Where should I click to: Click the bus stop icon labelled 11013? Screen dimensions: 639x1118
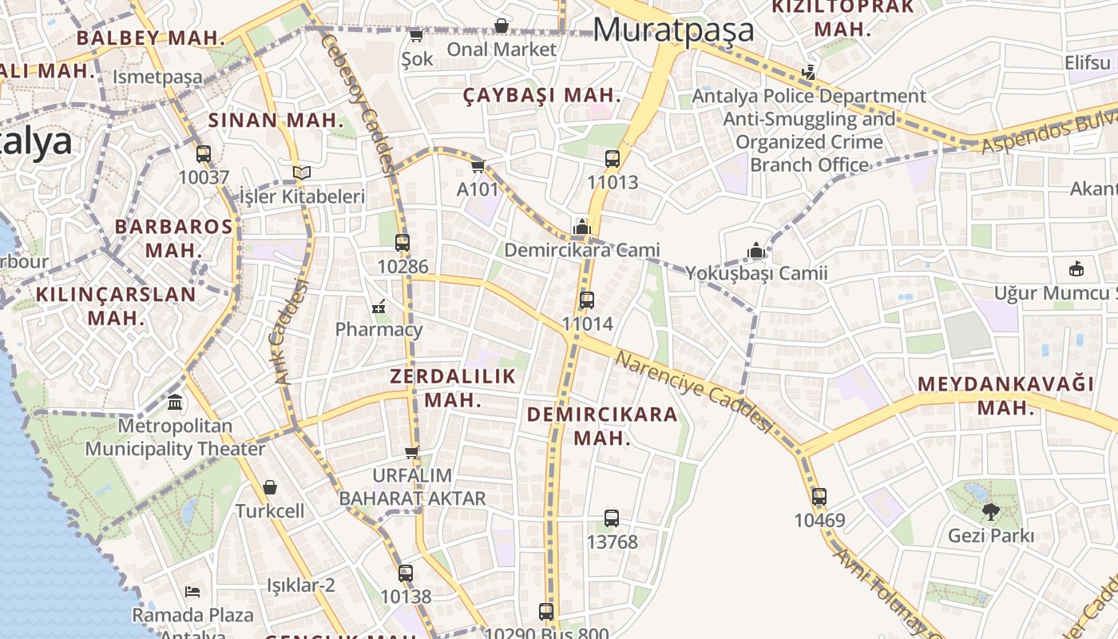(613, 158)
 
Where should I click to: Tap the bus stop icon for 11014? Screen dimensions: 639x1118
(587, 300)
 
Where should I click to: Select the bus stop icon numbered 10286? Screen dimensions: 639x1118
(402, 243)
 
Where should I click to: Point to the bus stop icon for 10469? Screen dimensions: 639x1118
(819, 496)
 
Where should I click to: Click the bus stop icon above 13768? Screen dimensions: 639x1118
(612, 518)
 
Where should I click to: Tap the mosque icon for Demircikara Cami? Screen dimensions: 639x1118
(581, 228)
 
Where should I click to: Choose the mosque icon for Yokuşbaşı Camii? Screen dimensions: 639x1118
(756, 251)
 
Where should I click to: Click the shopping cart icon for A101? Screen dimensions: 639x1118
(478, 166)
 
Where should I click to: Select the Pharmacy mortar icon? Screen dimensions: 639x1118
(379, 306)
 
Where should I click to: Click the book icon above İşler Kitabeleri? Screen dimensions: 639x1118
(301, 173)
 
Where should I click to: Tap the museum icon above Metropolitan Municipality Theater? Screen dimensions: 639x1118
(175, 402)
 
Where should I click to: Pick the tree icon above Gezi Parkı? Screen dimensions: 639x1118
(990, 511)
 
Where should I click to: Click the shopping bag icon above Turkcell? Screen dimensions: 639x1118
(270, 486)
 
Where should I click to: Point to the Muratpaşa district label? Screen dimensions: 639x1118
(673, 30)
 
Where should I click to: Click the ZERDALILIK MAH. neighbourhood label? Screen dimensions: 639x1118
(453, 387)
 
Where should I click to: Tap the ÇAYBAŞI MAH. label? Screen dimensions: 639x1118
(541, 95)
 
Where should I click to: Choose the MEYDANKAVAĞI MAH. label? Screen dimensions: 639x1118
(1005, 395)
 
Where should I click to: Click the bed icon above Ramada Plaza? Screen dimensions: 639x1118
(192, 592)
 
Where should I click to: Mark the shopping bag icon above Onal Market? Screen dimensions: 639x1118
(501, 26)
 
